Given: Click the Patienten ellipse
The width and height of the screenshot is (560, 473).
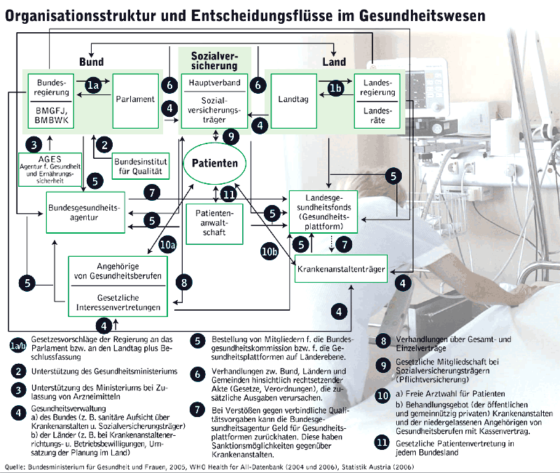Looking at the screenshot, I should coord(216,162).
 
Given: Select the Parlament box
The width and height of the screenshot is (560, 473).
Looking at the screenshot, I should coord(136,99).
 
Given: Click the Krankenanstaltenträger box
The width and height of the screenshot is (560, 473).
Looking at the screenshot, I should coord(342,269).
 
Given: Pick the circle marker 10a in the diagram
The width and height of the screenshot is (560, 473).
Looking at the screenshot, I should coord(167,245).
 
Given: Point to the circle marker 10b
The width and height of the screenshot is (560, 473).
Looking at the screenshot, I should coord(269,251).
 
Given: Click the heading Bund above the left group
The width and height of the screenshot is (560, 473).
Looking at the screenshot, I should coord(91,62).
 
